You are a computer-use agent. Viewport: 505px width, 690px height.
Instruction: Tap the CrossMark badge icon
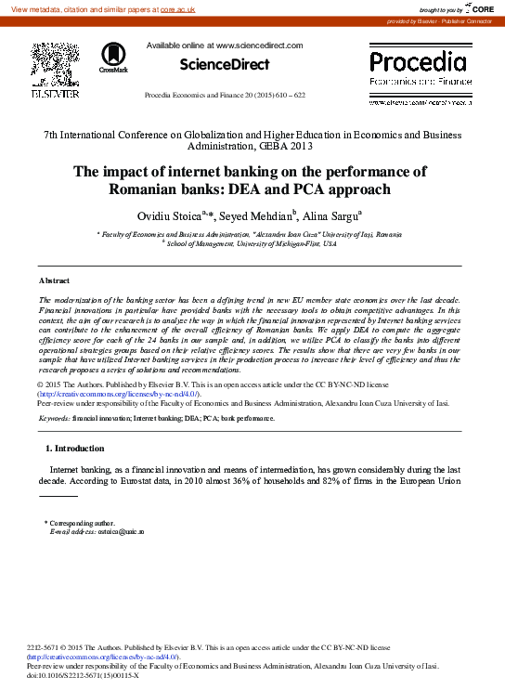114,58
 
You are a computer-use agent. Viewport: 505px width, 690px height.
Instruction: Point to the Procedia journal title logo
419,63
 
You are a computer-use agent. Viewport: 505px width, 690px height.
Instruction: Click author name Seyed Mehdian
263,215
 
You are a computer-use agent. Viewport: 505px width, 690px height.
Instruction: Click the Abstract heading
54,280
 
